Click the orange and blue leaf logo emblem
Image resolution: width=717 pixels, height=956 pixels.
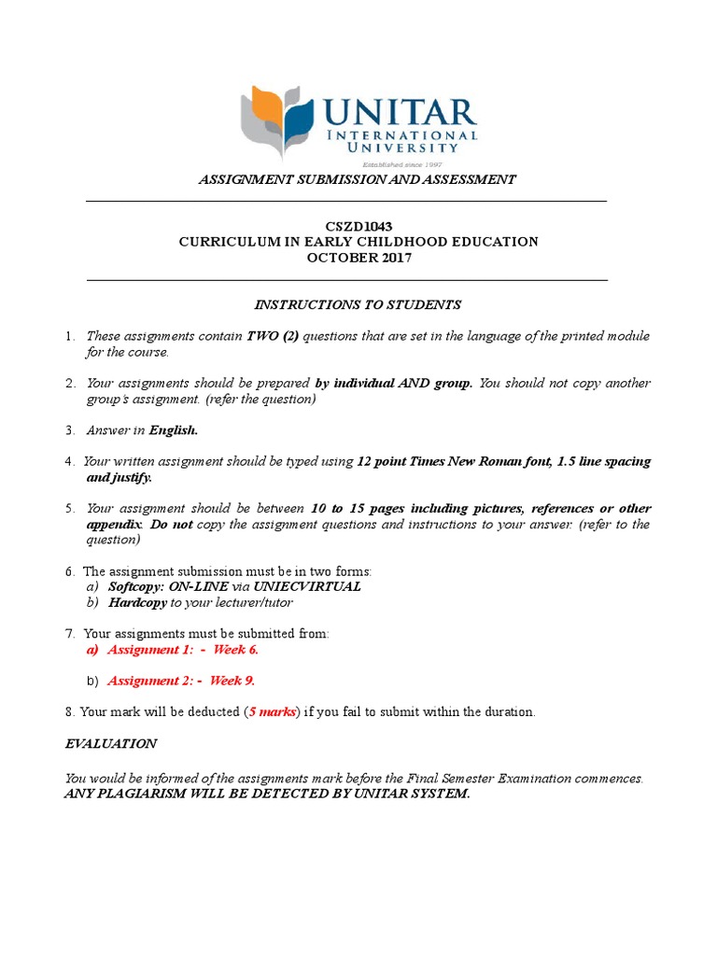point(277,118)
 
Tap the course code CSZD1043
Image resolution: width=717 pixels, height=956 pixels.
point(358,226)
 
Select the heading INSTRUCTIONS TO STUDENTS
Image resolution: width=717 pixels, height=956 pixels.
point(358,304)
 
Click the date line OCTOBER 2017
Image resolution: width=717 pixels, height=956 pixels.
point(358,258)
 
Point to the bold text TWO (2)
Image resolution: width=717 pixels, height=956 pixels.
point(273,336)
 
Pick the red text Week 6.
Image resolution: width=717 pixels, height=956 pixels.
point(236,649)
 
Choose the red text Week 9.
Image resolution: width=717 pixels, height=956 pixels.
point(232,681)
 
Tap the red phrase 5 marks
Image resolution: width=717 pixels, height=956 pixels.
point(273,712)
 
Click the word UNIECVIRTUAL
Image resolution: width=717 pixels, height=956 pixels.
point(308,587)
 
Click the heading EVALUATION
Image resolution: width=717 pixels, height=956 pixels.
point(111,744)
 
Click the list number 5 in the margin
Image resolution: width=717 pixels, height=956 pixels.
point(69,509)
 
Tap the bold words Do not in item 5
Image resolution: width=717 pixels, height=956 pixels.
point(172,525)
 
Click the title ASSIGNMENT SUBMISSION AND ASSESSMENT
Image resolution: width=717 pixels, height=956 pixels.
point(357,179)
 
